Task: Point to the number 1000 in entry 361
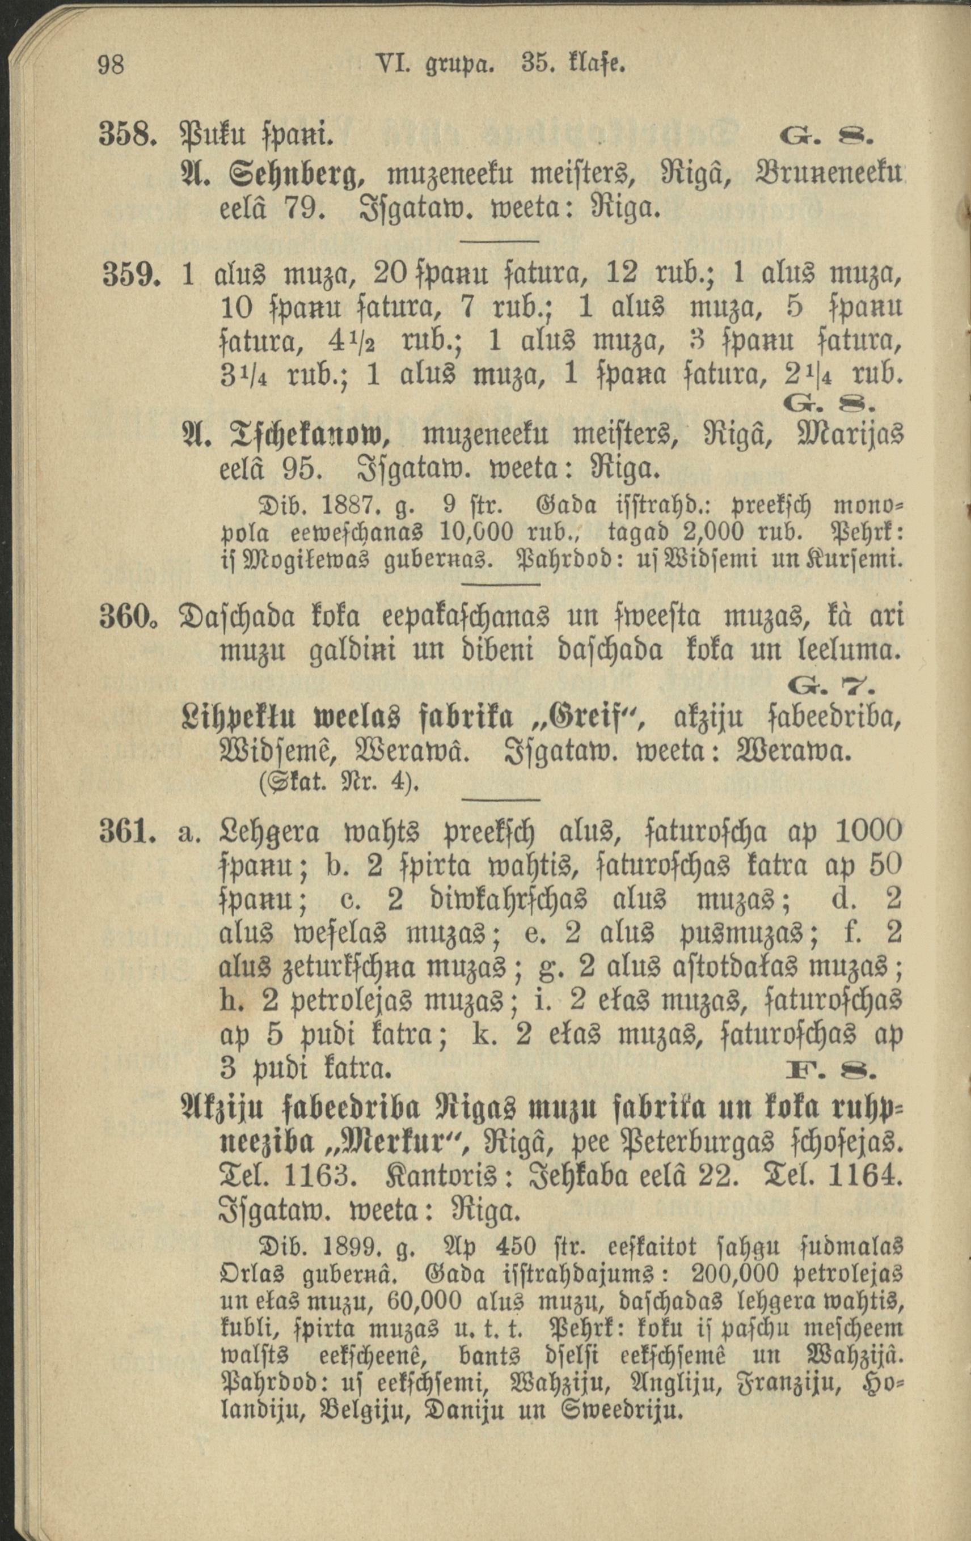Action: click(868, 831)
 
